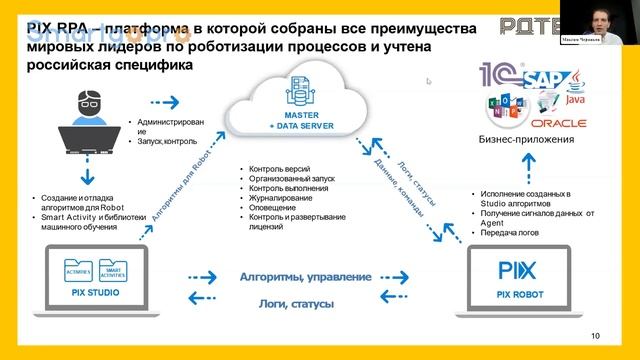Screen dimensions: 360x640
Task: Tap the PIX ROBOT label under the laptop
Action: [x=518, y=296]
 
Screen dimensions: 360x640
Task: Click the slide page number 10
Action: [x=596, y=335]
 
